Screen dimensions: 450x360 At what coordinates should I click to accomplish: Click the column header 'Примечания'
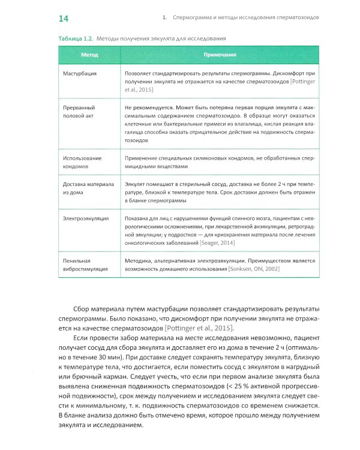tap(220, 55)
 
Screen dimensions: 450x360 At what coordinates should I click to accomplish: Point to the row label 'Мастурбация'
tap(80, 73)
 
